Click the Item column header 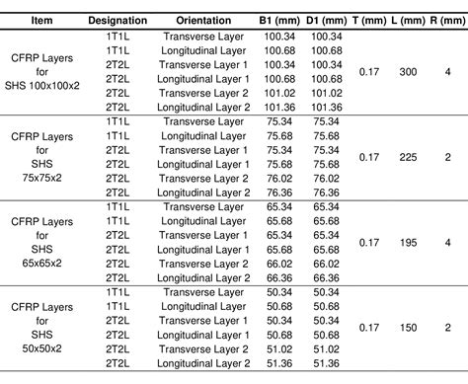41,20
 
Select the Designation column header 117,20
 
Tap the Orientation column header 204,20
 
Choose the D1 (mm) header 327,20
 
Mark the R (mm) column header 446,20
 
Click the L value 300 408,71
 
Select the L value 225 408,157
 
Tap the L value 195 408,242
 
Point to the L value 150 408,328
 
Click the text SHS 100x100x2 42,85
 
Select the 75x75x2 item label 42,179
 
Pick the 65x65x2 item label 42,265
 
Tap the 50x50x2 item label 42,349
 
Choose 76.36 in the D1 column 327,192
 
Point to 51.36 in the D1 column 327,363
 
